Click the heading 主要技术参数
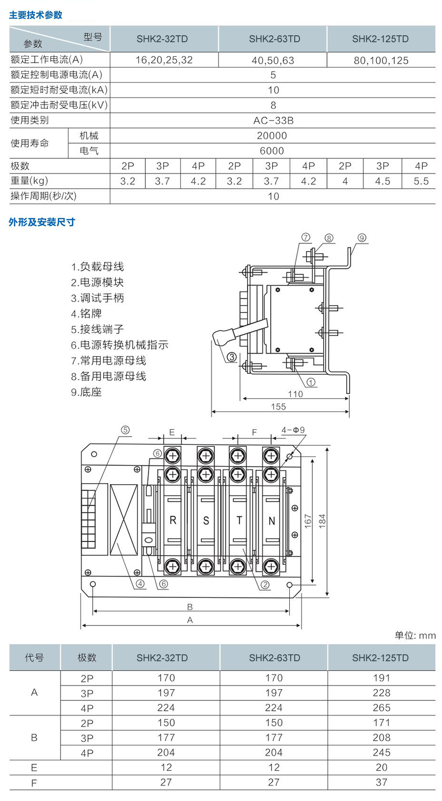coord(36,15)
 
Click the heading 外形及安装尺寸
coord(42,222)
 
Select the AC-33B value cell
coord(273,121)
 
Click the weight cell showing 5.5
coord(421,181)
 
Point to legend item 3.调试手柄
coord(97,298)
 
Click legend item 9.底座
coord(86,392)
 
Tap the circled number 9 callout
coord(362,238)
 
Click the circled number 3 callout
coord(231,357)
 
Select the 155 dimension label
coord(278,407)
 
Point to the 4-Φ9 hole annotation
coord(293,430)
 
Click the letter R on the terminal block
coord(173,520)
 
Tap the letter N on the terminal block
coord(272,521)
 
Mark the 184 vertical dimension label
coord(322,520)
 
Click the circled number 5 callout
coord(125,430)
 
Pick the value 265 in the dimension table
coord(381,708)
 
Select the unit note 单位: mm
coord(415,636)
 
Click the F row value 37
coord(381,782)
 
